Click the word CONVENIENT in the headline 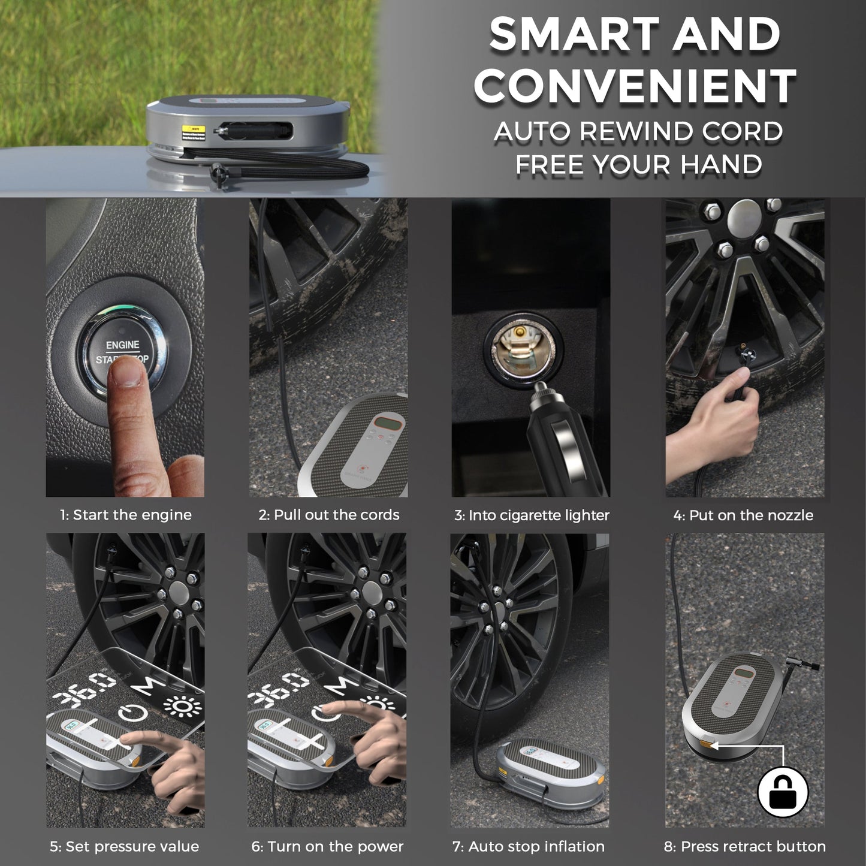(635, 85)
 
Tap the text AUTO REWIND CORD (638, 132)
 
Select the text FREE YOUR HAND (638, 164)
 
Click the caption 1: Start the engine (125, 515)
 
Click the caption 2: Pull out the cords (328, 515)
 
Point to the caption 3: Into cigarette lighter (532, 515)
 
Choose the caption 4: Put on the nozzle (743, 515)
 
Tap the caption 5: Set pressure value (124, 846)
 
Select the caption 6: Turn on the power (327, 846)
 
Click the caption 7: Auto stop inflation (528, 846)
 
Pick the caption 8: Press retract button (744, 846)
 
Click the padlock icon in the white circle (783, 792)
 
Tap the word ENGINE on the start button (122, 345)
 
